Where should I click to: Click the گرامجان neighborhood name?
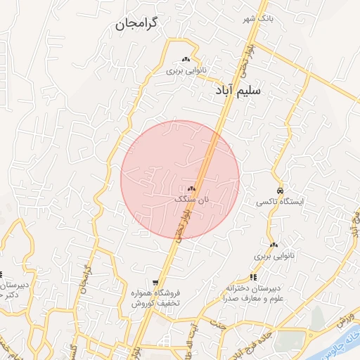click(137, 25)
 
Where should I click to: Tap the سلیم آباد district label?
click(238, 91)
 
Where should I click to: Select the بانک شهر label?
click(258, 18)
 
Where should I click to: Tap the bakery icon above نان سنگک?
click(191, 188)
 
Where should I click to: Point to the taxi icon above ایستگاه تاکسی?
click(280, 191)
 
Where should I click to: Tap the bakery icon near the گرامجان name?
click(186, 60)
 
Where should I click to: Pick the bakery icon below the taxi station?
click(274, 245)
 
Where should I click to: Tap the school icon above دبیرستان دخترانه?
click(253, 278)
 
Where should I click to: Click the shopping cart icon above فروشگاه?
click(155, 282)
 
